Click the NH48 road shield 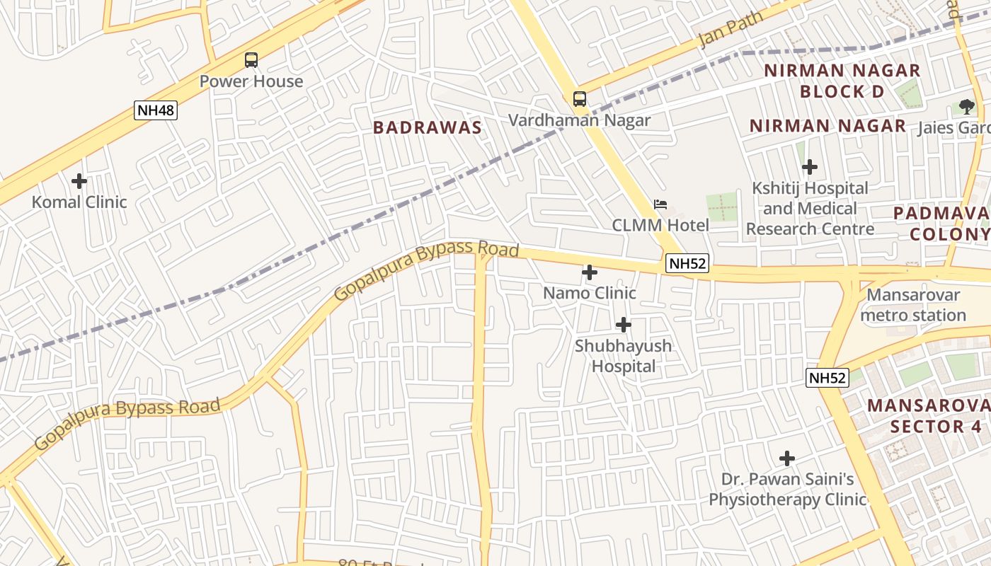click(155, 110)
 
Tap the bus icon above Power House click(251, 60)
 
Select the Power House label click(251, 81)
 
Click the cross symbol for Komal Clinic click(79, 181)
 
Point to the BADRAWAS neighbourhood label click(427, 128)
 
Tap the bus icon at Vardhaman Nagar click(580, 99)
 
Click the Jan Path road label click(731, 30)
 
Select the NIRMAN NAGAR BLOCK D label click(842, 81)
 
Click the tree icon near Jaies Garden click(967, 107)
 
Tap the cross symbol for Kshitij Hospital click(810, 168)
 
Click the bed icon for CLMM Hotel click(660, 204)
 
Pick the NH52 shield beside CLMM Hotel click(687, 264)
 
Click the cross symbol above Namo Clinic click(589, 272)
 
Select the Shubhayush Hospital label click(623, 356)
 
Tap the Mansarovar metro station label click(913, 305)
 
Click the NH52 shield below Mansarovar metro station click(827, 378)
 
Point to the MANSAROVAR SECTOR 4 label click(927, 416)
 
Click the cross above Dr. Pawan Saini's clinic click(787, 458)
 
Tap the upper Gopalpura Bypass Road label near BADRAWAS click(427, 272)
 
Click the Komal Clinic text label click(79, 202)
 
